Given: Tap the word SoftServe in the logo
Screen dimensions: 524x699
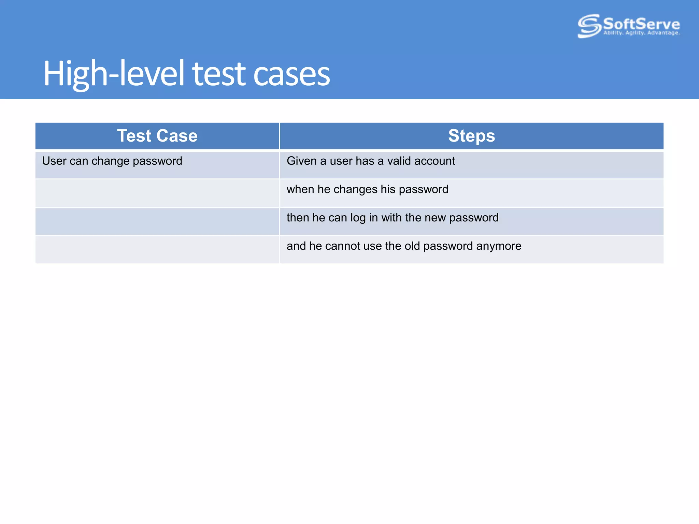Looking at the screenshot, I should [x=641, y=24].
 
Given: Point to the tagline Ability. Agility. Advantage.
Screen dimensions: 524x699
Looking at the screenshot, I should [x=641, y=33].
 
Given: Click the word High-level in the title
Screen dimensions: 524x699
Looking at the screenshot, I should [x=114, y=74].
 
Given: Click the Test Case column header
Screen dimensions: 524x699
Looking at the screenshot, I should [x=157, y=136].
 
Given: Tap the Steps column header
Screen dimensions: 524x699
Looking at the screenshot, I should [x=471, y=136].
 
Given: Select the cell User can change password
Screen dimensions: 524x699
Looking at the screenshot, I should [x=112, y=161].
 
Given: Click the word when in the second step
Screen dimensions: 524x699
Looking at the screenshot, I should [x=300, y=189].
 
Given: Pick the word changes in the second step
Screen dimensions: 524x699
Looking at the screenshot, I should [x=355, y=189].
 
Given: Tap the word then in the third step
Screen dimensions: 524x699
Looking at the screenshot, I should [x=298, y=218].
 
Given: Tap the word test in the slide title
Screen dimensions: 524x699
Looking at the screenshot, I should [x=219, y=74].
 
